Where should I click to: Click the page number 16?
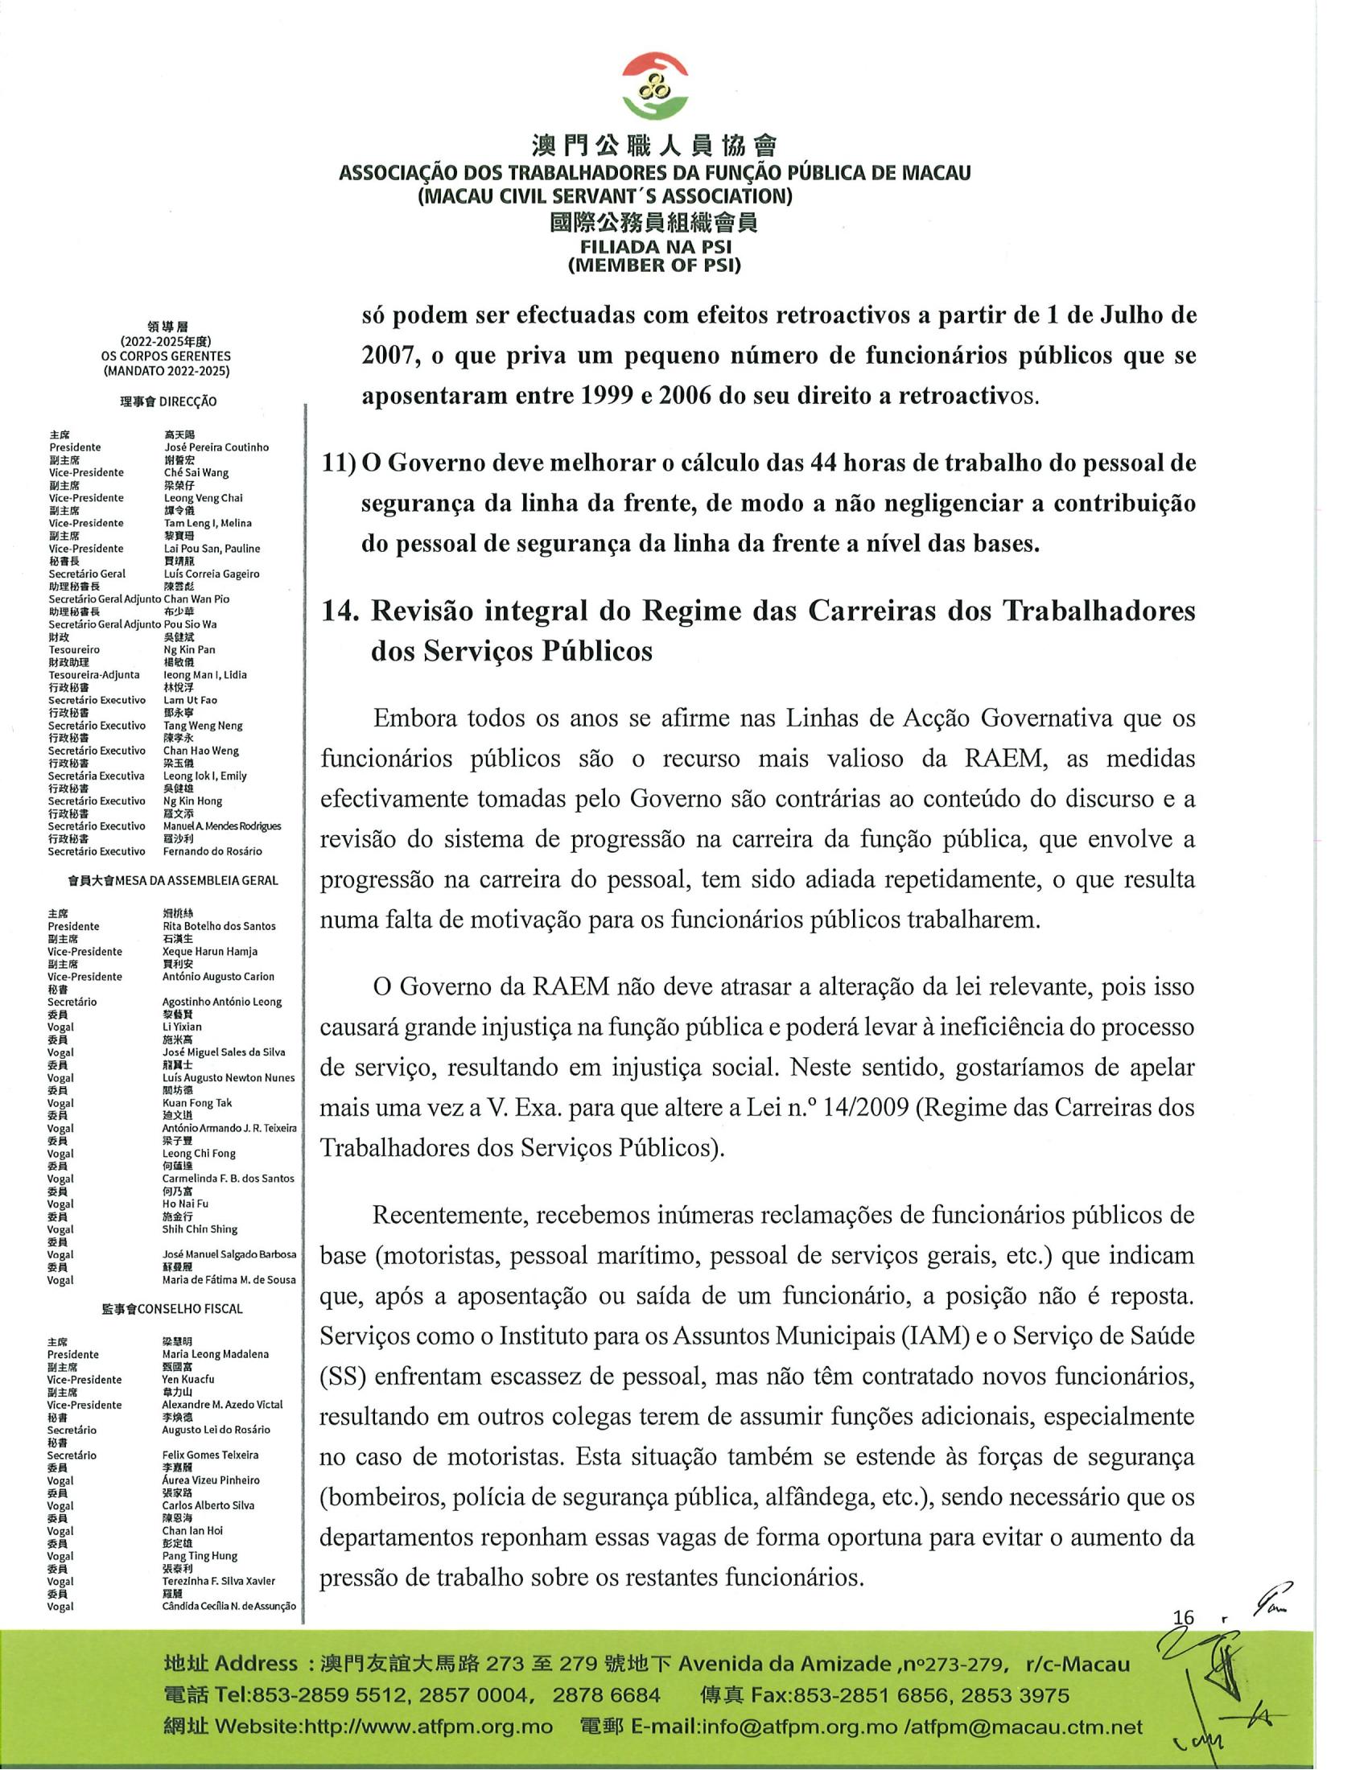(x=1183, y=1617)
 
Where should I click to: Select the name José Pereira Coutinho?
(x=216, y=447)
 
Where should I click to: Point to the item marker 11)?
(x=340, y=463)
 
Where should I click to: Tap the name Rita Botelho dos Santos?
(x=219, y=926)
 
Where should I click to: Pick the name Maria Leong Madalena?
(x=216, y=1354)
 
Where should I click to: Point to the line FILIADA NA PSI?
(x=654, y=247)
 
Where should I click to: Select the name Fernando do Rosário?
(x=212, y=852)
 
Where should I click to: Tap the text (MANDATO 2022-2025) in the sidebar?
(x=166, y=371)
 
